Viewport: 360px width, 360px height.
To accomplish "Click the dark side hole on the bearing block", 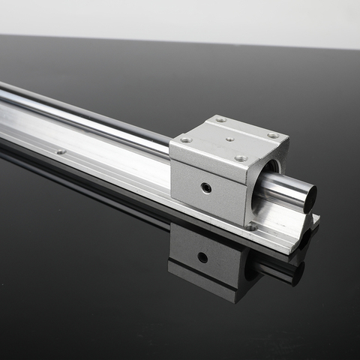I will (205, 187).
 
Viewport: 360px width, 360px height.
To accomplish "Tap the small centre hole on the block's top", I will (229, 139).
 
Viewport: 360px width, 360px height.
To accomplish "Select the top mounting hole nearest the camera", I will (240, 158).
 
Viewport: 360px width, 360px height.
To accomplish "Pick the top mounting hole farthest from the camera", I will (220, 119).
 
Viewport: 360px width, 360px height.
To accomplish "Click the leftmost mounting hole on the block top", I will (185, 139).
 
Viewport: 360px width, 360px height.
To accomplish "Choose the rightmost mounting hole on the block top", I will (272, 136).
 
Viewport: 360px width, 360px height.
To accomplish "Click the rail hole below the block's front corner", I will (252, 225).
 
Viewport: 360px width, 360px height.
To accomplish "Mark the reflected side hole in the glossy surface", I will (202, 257).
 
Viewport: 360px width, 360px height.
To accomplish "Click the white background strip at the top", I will (180, 16).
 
